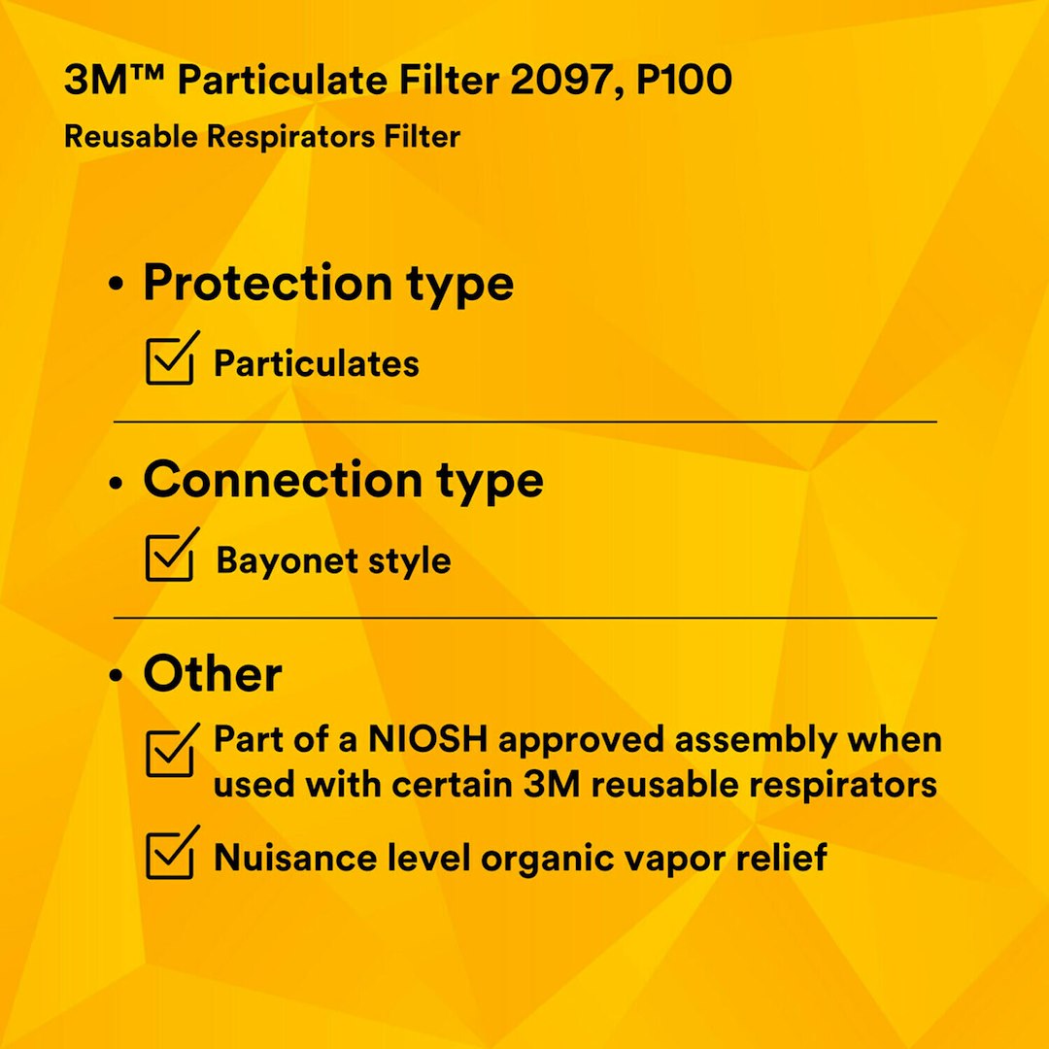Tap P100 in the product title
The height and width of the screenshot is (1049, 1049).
684,81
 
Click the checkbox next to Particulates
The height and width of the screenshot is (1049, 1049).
171,359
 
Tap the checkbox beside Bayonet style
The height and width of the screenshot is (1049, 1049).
171,557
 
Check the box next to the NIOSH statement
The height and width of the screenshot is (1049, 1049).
171,753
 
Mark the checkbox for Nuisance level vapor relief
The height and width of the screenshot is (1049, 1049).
171,854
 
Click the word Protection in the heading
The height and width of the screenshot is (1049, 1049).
261,284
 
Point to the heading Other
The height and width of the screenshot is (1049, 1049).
213,674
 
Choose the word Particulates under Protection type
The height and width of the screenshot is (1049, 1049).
317,364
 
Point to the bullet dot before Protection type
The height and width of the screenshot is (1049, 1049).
118,287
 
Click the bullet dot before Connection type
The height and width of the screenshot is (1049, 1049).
118,483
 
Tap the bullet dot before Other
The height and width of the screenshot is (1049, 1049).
118,677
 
